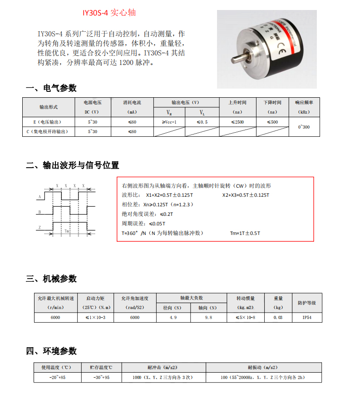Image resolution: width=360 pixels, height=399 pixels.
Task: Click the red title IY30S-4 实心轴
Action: click(x=109, y=12)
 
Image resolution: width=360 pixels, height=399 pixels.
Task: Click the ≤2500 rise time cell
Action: click(x=237, y=122)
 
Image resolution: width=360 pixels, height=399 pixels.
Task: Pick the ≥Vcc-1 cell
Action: click(x=169, y=122)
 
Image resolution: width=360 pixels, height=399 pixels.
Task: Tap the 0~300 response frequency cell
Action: click(x=304, y=127)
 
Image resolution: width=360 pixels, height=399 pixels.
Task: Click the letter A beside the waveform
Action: click(x=39, y=197)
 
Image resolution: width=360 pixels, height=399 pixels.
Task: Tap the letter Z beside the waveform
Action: click(x=39, y=227)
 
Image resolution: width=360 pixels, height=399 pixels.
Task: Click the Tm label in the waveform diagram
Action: click(x=66, y=231)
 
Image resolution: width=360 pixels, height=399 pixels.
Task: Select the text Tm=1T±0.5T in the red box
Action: click(x=245, y=233)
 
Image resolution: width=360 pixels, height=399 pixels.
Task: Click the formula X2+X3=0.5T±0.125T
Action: click(x=246, y=195)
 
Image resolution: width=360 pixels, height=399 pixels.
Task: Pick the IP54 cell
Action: click(x=306, y=317)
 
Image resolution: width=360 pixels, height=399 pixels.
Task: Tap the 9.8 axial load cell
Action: click(x=208, y=317)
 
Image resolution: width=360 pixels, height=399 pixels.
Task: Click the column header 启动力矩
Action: click(x=95, y=299)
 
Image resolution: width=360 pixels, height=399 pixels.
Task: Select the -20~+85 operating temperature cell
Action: click(x=57, y=377)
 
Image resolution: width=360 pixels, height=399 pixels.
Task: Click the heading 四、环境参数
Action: click(x=51, y=351)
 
